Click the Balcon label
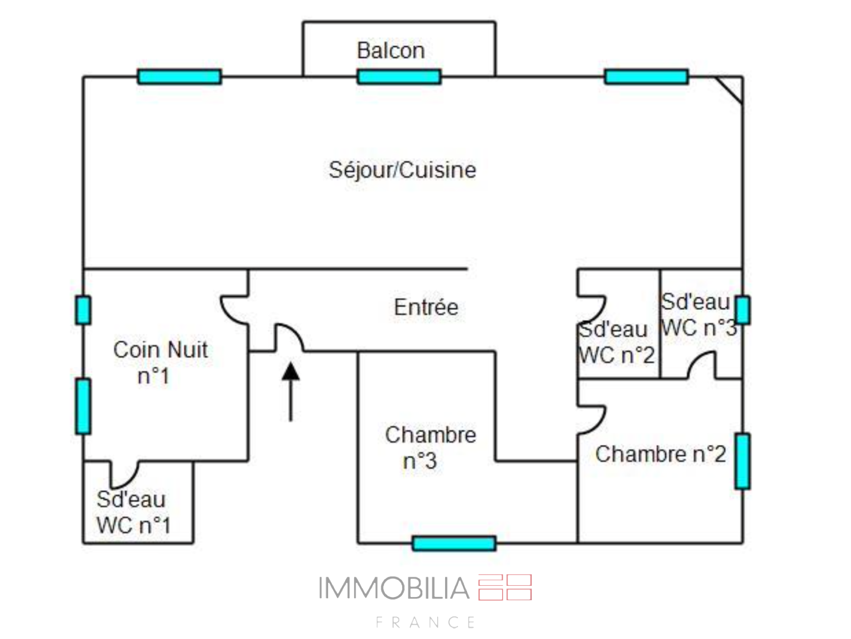coord(391,51)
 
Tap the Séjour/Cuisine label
coord(402,170)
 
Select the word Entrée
coord(426,307)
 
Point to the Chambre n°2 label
coord(661,455)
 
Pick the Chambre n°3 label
coord(430,448)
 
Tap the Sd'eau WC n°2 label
coord(616,342)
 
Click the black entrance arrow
coord(290,391)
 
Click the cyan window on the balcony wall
coord(399,77)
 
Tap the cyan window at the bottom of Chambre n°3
coord(454,543)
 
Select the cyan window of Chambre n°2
coord(742,461)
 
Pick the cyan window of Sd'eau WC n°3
coord(742,310)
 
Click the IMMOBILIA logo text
coord(394,588)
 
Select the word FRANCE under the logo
coord(425,623)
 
